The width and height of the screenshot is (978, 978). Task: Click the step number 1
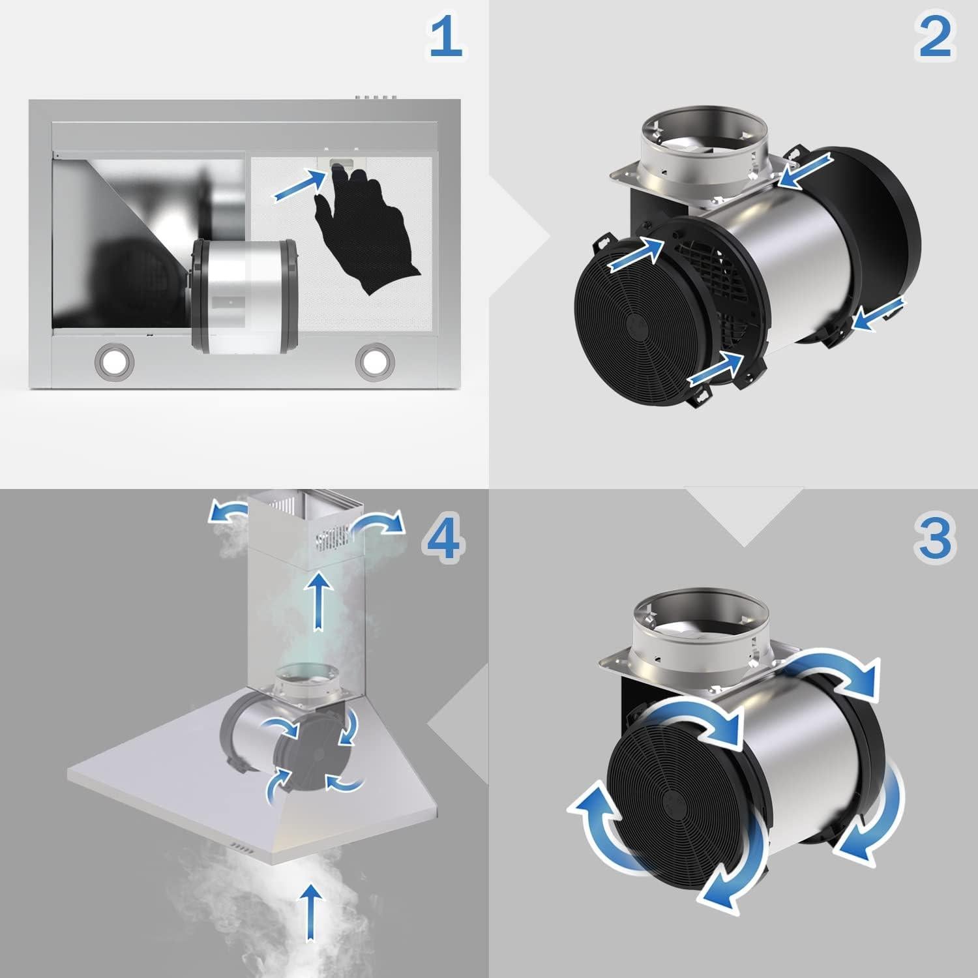coord(445,37)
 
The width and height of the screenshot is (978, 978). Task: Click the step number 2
coord(934,37)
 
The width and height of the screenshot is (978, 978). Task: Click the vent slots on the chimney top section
coord(333,539)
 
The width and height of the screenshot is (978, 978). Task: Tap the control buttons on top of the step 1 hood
coord(377,98)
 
